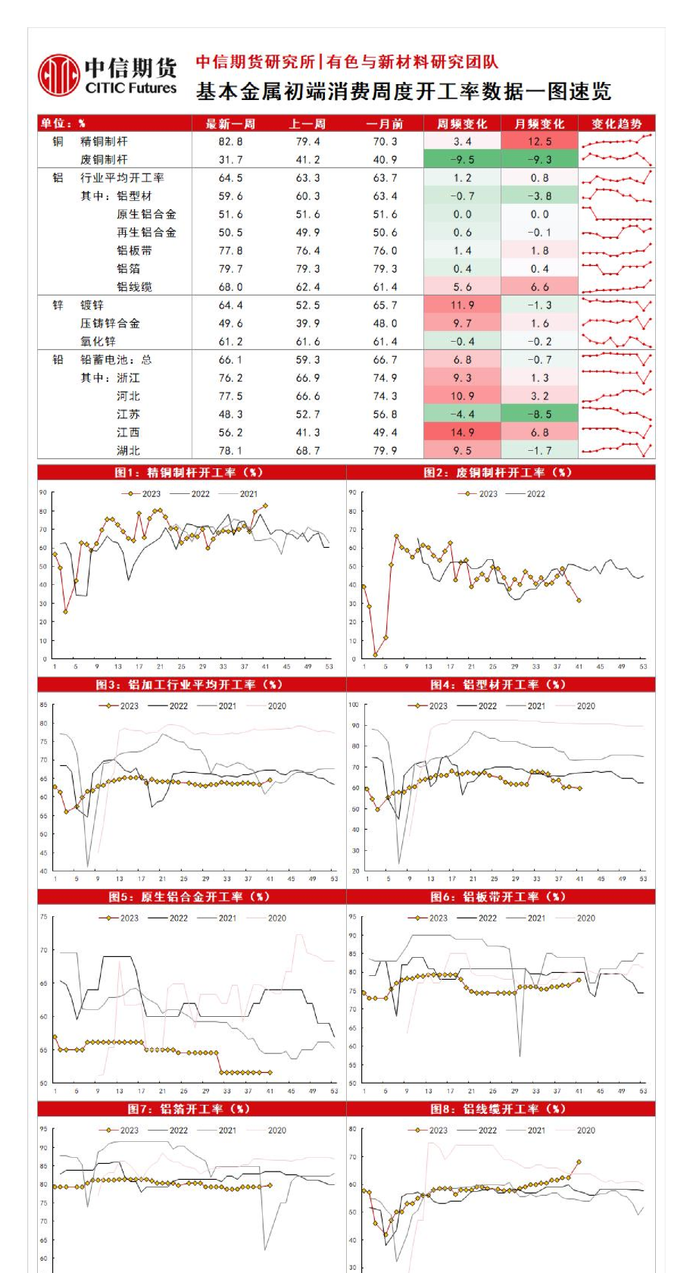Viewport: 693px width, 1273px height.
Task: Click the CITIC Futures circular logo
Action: tap(59, 75)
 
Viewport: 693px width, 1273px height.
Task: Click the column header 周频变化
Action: tap(462, 124)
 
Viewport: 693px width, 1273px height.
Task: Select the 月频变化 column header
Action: tap(539, 124)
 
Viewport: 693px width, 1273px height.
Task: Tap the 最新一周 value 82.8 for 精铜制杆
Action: tap(230, 142)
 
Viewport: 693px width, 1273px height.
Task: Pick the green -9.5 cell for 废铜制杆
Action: tap(462, 160)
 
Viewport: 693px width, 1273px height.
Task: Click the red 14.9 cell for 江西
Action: tap(462, 433)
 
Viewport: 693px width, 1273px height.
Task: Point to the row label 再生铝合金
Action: tap(146, 233)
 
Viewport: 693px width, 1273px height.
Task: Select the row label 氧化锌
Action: tap(98, 342)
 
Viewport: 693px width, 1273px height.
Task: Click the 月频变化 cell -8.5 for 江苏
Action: tap(539, 414)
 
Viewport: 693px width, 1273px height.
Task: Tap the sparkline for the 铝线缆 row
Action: tap(617, 286)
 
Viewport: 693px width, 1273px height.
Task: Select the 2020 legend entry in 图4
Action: tap(585, 706)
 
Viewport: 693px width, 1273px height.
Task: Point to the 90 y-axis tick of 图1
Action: tap(44, 493)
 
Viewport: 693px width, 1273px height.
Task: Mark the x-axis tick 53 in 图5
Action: tap(334, 1091)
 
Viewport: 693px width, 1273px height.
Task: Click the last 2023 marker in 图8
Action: tap(579, 1162)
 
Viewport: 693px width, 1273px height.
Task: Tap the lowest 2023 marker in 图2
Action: tap(375, 655)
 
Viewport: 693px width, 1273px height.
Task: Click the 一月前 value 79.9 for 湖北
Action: tap(385, 451)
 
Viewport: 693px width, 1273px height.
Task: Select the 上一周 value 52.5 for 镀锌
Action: tap(307, 305)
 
